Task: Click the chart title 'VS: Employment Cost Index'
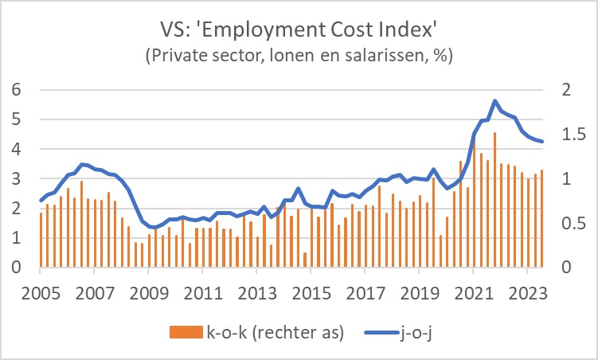coord(299,29)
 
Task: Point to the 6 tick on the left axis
coord(17,90)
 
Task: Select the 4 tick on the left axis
coord(17,150)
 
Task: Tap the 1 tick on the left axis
coord(17,239)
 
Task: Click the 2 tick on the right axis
coord(568,90)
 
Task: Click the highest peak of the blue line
coord(494,101)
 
